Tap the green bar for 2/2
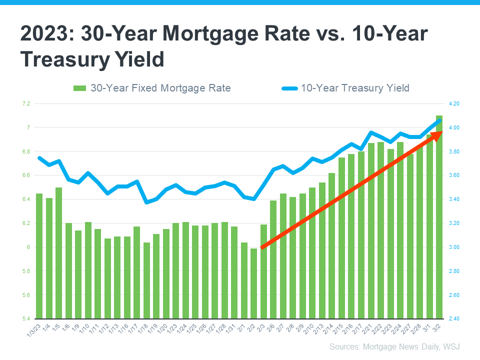tap(254, 283)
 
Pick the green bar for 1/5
tap(59, 253)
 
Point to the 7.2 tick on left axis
tap(26, 104)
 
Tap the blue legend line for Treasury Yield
tap(290, 88)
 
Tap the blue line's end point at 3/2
tap(439, 120)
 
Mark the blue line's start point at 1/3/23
tap(39, 158)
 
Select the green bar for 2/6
tap(273, 259)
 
